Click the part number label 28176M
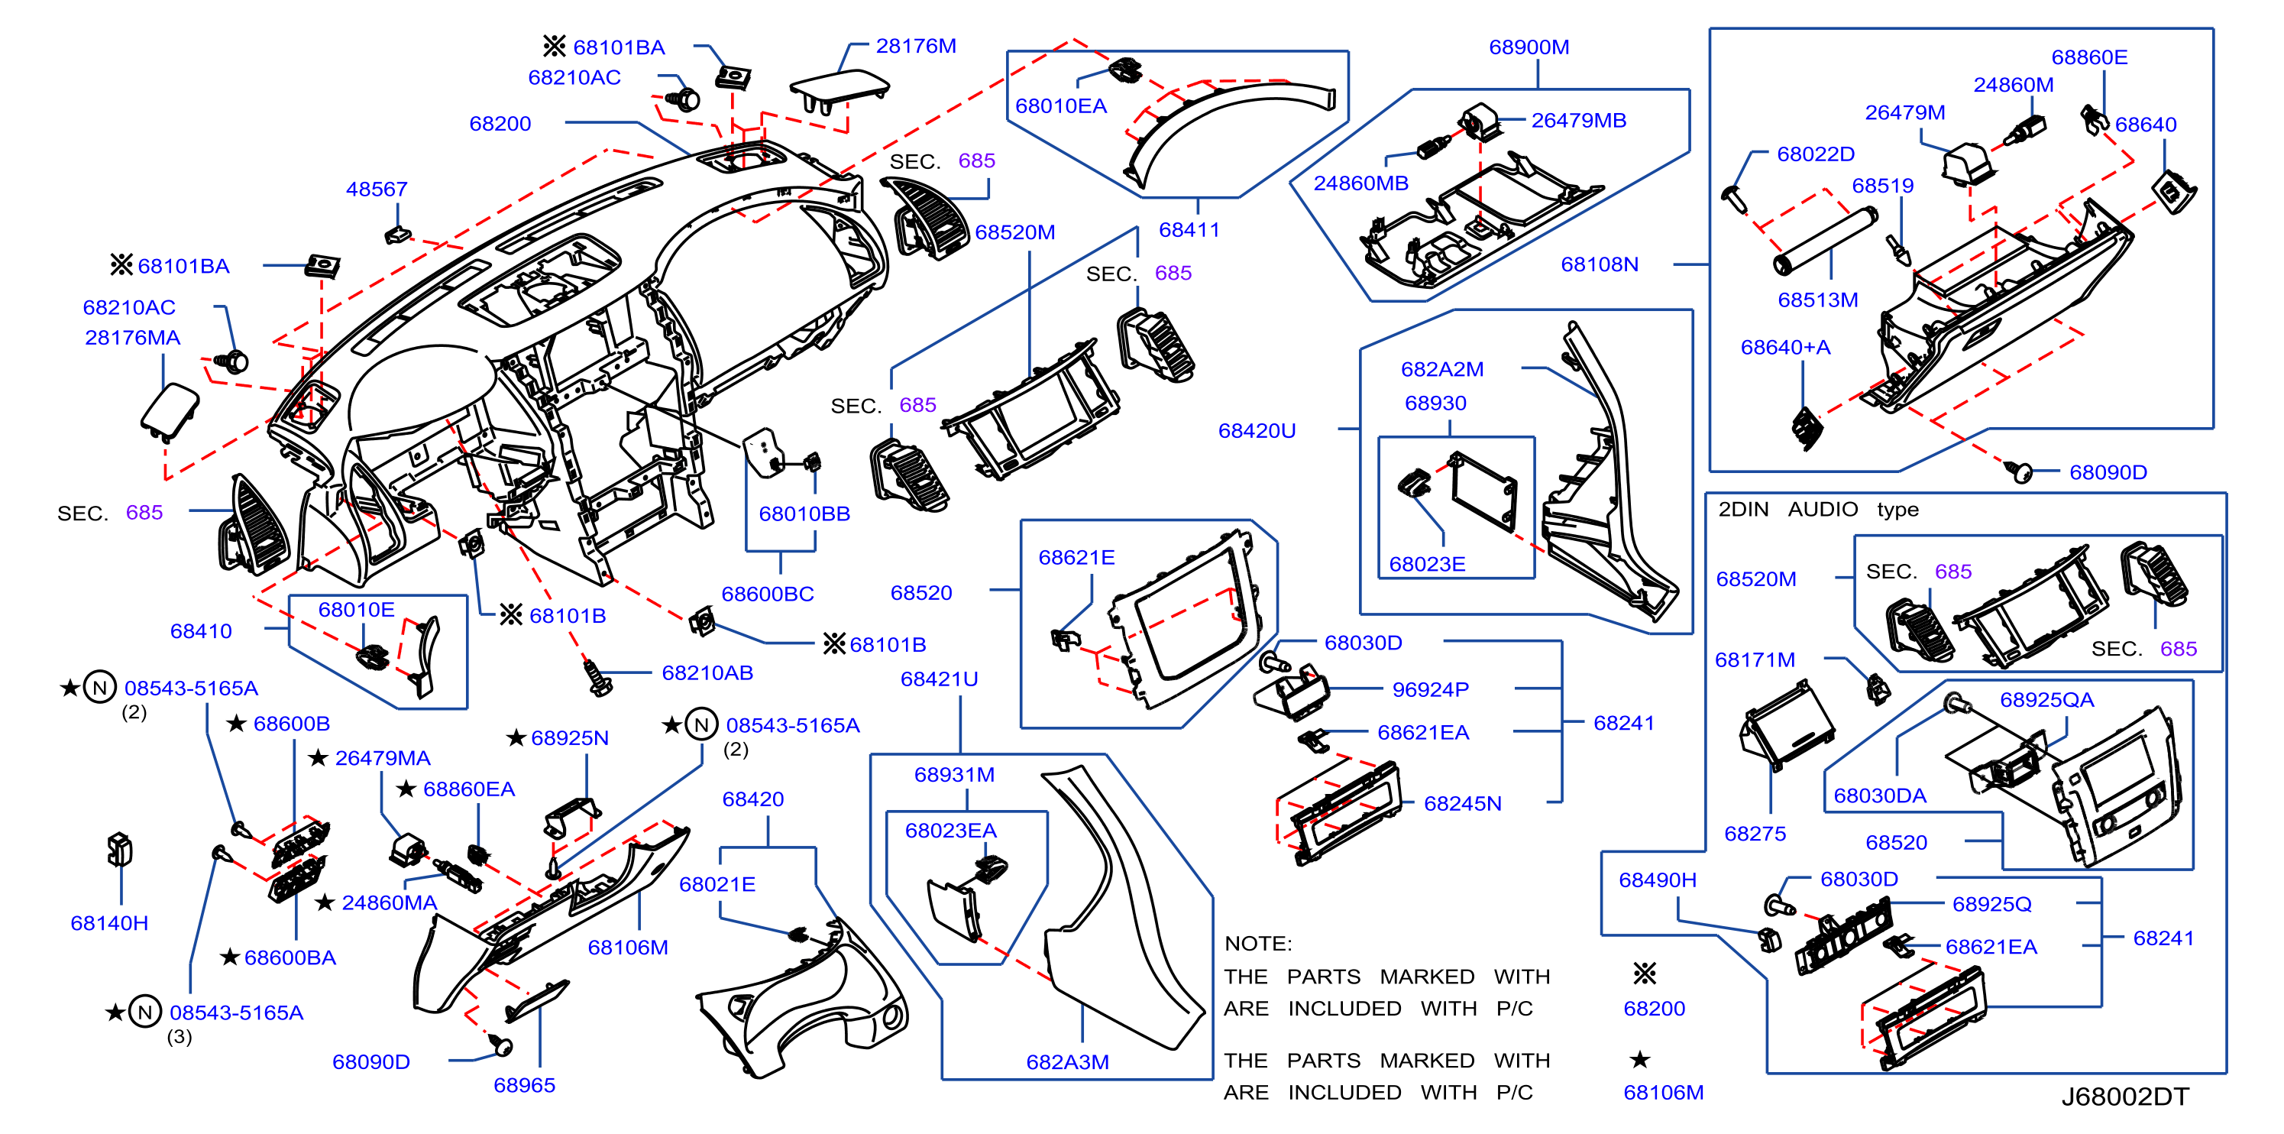pyautogui.click(x=916, y=46)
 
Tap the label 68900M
pyautogui.click(x=1529, y=47)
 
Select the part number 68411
pyautogui.click(x=1189, y=230)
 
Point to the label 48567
pyautogui.click(x=377, y=189)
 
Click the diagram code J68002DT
pyautogui.click(x=2124, y=1097)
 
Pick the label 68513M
pyautogui.click(x=1817, y=300)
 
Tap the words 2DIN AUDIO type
pyautogui.click(x=1817, y=509)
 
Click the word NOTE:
pyautogui.click(x=1258, y=944)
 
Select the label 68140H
pyautogui.click(x=109, y=923)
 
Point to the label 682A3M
pyautogui.click(x=1068, y=1062)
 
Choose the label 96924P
pyautogui.click(x=1430, y=690)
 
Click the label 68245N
pyautogui.click(x=1462, y=803)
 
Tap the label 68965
pyautogui.click(x=524, y=1085)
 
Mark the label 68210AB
pyautogui.click(x=707, y=673)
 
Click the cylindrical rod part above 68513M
pyautogui.click(x=1825, y=240)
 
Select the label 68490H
pyautogui.click(x=1657, y=880)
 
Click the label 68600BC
pyautogui.click(x=768, y=594)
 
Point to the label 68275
pyautogui.click(x=1755, y=834)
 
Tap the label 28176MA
pyautogui.click(x=132, y=338)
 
